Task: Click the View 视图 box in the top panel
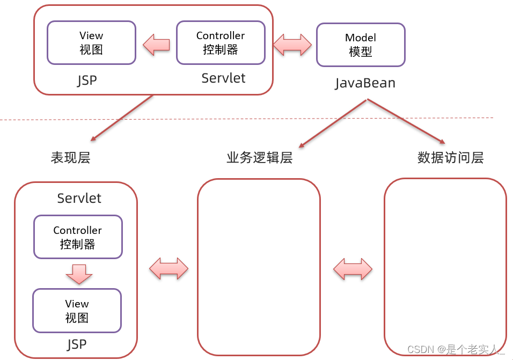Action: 91,43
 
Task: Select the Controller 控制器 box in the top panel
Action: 221,43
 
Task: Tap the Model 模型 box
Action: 361,45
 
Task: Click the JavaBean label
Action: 365,83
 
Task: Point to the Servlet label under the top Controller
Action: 223,78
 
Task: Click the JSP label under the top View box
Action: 87,80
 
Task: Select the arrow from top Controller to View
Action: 156,45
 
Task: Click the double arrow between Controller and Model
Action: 292,45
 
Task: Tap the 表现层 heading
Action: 70,157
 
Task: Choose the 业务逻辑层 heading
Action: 259,157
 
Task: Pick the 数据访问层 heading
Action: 450,157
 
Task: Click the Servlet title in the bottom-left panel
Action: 79,198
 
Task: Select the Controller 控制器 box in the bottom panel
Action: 78,237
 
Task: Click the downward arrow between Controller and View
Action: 79,274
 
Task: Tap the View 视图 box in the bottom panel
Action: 77,311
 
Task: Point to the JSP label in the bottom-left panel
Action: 77,344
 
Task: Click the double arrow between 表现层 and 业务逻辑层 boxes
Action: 168,268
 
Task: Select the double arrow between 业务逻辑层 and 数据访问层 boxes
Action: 353,268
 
